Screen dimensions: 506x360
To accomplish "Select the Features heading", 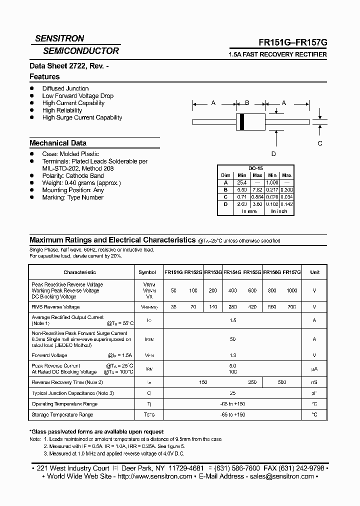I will (x=44, y=76).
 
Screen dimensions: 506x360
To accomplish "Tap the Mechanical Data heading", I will (x=57, y=143).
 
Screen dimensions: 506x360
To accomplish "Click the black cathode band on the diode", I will (x=242, y=121).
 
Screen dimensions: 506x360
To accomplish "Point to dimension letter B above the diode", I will (x=246, y=103).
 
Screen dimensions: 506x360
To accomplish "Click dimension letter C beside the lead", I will (x=320, y=143).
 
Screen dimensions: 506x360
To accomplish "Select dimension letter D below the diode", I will (x=273, y=154).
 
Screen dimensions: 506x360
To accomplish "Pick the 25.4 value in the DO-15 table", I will (x=242, y=183).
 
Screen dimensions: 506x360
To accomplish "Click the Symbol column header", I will (x=147, y=272).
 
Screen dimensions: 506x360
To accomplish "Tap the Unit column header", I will (x=314, y=272).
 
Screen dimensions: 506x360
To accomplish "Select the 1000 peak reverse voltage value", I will (x=291, y=290).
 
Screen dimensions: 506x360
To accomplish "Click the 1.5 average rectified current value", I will (x=232, y=320).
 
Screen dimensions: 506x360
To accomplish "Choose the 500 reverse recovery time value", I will (x=282, y=382).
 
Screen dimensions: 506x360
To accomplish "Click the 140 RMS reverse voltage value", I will (x=212, y=307).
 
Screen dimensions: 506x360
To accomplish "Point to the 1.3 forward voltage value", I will (x=232, y=355).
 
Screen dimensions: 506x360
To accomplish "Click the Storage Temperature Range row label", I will (x=62, y=414).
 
